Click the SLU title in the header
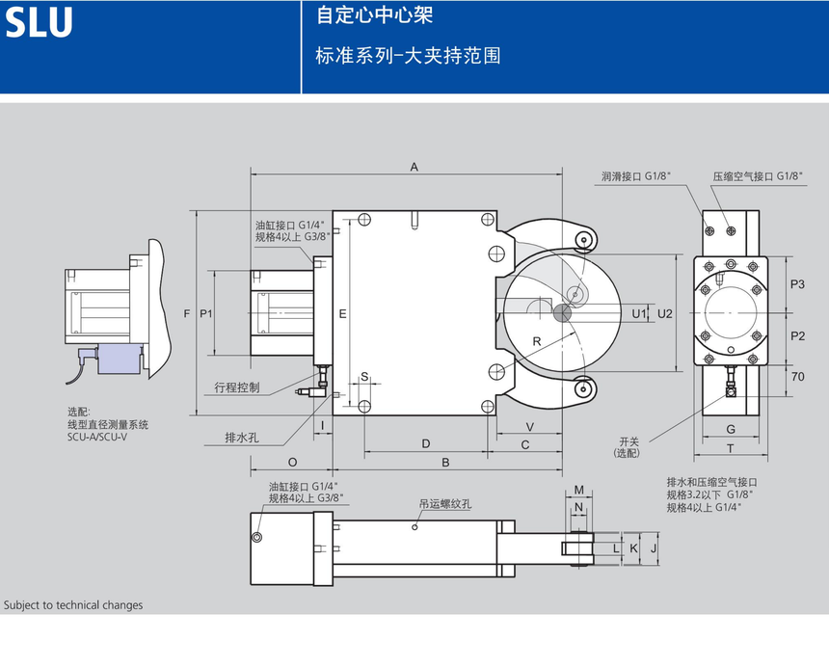(40, 22)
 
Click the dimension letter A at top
(414, 167)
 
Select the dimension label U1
(638, 313)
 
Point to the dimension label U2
(664, 313)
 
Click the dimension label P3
(797, 284)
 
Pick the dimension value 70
(797, 377)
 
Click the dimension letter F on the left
(186, 313)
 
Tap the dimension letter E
(342, 313)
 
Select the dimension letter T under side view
(731, 448)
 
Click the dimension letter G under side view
(731, 428)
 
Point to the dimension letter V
(529, 426)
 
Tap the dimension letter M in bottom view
(579, 490)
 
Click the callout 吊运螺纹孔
(444, 503)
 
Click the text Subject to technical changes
(73, 605)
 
